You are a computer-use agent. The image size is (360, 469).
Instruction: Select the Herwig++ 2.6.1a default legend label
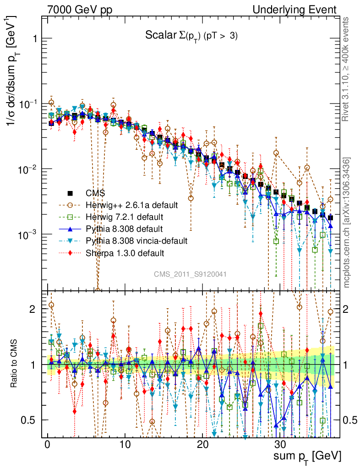(x=131, y=205)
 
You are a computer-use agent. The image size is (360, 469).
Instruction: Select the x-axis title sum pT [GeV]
(x=307, y=456)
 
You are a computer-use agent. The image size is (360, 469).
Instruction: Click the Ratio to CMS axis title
(x=15, y=364)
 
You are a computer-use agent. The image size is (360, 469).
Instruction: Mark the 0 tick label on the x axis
(x=47, y=445)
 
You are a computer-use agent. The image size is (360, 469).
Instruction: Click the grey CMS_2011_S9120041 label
(x=190, y=274)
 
